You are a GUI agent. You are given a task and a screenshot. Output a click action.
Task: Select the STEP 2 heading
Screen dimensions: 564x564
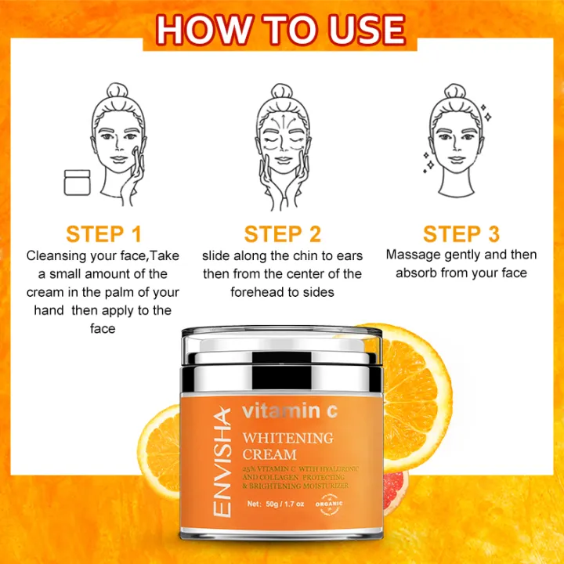pyautogui.click(x=282, y=234)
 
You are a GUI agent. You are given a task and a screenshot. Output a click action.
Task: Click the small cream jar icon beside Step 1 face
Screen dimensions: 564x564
pyautogui.click(x=77, y=183)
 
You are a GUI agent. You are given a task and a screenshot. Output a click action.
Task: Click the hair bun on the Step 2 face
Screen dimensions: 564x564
pyautogui.click(x=282, y=92)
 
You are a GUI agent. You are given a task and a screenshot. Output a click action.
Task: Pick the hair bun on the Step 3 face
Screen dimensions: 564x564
pyautogui.click(x=455, y=93)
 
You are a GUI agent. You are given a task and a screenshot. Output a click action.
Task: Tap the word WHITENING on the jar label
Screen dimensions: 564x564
pyautogui.click(x=287, y=437)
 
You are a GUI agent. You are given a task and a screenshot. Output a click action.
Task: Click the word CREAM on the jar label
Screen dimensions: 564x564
pyautogui.click(x=269, y=454)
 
